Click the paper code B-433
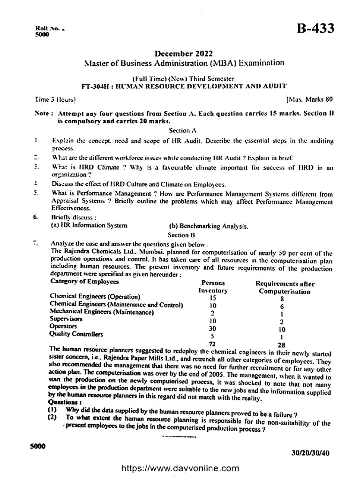pos(315,30)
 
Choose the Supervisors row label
pos(65,319)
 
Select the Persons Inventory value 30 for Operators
pos(212,329)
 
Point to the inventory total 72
pos(211,344)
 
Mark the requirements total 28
pos(281,345)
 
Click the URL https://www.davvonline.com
pos(180,468)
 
